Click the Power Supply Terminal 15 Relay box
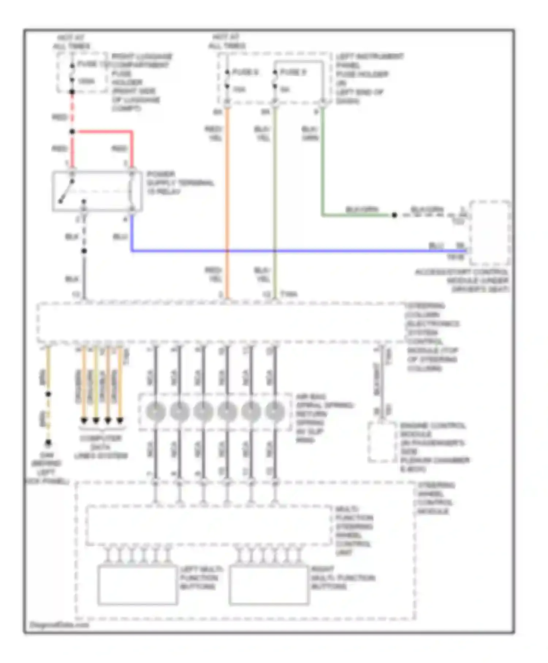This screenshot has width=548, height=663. [x=97, y=191]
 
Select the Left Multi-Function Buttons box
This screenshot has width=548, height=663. [x=137, y=585]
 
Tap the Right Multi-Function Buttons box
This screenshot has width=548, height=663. [x=269, y=585]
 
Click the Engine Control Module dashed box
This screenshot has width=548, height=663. [x=382, y=442]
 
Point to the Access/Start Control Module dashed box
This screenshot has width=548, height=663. [x=490, y=232]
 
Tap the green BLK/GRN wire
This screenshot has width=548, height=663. [x=323, y=164]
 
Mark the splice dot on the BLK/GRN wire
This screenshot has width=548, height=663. [x=394, y=215]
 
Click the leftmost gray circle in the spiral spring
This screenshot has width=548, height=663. [x=156, y=411]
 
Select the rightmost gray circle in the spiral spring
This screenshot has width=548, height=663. [x=275, y=411]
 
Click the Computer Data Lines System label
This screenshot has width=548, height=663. [x=101, y=447]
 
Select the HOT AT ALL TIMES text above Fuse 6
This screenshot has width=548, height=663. [x=227, y=41]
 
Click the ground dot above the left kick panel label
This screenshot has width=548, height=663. [x=48, y=443]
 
